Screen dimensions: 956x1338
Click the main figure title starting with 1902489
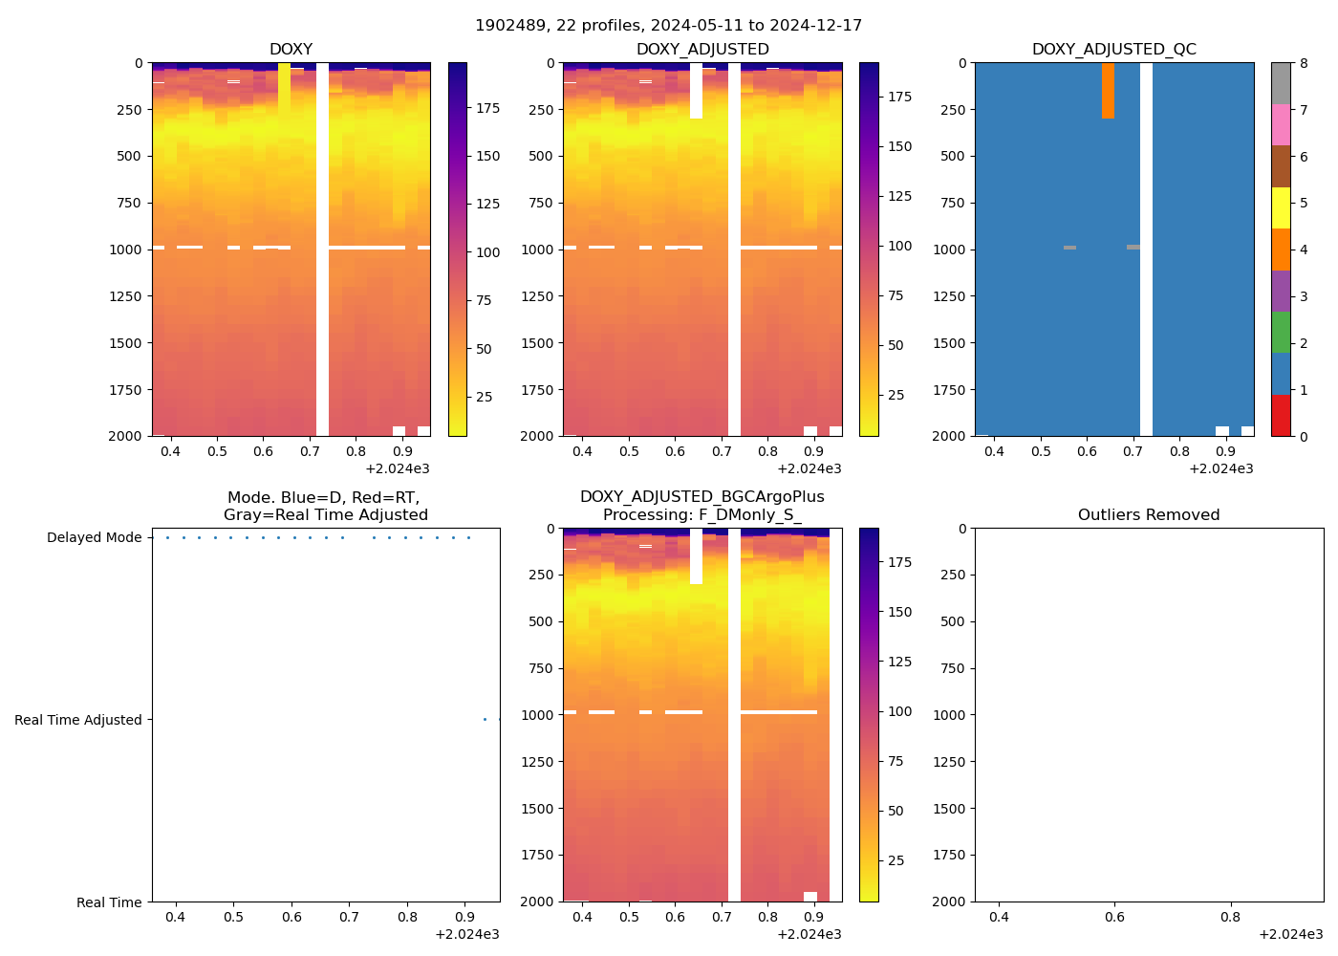pos(668,26)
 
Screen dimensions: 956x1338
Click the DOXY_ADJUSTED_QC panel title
pos(1113,50)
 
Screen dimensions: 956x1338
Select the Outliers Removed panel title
pos(1148,515)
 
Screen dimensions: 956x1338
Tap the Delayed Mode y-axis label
pos(94,538)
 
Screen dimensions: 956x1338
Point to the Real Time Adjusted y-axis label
pos(77,721)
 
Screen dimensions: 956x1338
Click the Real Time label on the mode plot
pos(109,902)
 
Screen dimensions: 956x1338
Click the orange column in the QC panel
pos(1108,91)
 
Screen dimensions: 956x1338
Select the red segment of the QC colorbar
pos(1281,416)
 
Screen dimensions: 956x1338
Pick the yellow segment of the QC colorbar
pos(1281,208)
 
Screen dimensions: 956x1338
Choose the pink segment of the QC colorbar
pos(1281,125)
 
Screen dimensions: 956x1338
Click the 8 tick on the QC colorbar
pos(1304,64)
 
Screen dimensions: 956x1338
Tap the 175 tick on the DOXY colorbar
pos(488,109)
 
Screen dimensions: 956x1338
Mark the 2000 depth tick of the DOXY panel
pos(125,436)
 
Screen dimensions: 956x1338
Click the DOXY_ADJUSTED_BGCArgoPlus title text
pos(701,497)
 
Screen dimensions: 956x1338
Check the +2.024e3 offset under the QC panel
pos(1220,469)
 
